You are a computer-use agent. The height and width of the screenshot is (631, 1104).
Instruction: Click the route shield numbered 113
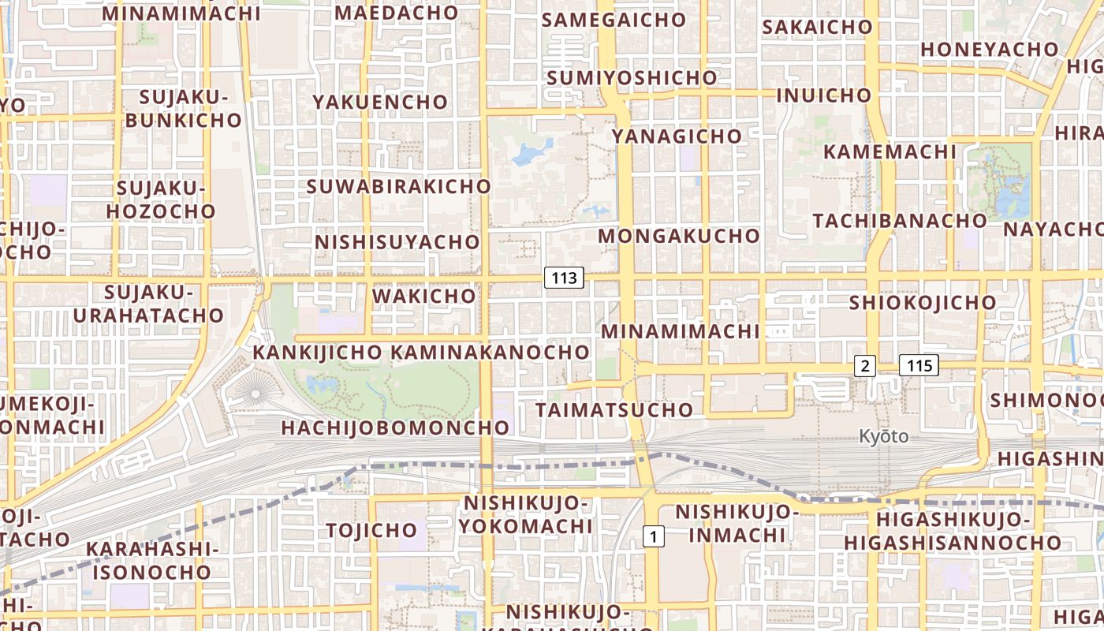coord(564,278)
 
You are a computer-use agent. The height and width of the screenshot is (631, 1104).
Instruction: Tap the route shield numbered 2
coord(865,365)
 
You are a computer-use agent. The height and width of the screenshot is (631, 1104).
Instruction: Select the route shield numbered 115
coord(919,365)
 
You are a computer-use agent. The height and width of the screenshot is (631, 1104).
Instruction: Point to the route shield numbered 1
coord(654,537)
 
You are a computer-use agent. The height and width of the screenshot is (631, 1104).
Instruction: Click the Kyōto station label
coord(883,436)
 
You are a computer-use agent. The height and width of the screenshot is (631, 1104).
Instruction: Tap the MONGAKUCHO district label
coord(679,236)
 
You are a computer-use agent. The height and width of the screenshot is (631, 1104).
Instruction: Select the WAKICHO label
coord(424,297)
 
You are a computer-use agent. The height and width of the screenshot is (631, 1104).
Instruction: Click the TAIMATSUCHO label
coord(614,410)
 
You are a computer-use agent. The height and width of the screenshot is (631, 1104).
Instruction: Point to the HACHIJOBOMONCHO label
coord(396,428)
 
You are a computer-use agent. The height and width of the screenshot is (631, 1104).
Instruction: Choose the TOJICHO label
coord(371,530)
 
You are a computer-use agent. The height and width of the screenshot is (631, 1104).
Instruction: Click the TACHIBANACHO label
coord(900,221)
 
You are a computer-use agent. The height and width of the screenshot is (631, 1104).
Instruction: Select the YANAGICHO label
coord(677,136)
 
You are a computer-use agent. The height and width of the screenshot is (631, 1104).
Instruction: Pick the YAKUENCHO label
coord(380,103)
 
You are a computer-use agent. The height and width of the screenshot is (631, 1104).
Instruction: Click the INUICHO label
coord(824,95)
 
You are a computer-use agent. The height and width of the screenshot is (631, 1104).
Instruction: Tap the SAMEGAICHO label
coord(614,21)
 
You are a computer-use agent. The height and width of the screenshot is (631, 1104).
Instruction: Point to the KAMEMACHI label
coord(890,151)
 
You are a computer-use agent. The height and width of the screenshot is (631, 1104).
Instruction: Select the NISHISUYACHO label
coord(397,242)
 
